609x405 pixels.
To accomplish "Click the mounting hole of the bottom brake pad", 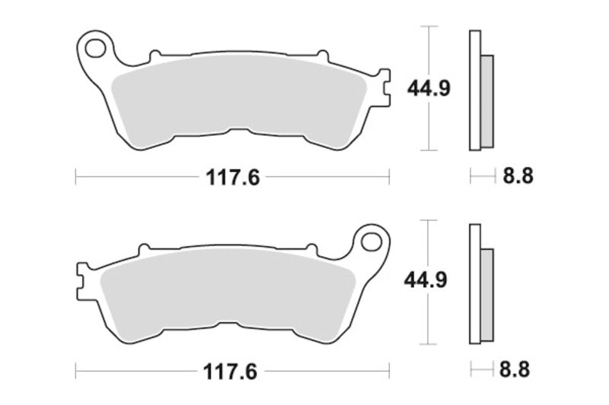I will click(371, 242).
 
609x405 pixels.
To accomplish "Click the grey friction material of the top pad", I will click(236, 103).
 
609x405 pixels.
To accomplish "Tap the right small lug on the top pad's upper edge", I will click(322, 55).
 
